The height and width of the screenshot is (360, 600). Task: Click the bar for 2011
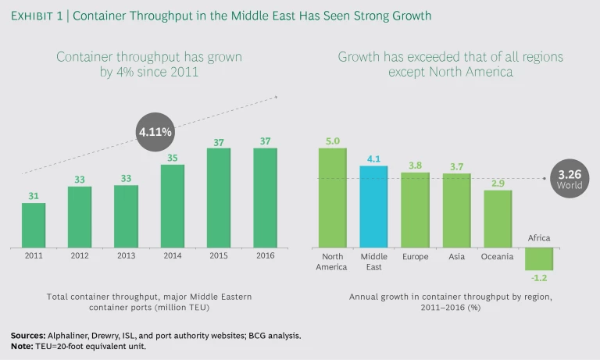34,225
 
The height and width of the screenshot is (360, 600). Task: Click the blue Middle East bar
373,206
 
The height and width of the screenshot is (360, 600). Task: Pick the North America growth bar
332,197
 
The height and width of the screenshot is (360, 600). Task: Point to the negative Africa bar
539,258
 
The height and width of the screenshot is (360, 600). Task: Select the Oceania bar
498,219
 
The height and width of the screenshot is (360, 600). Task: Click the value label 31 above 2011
34,195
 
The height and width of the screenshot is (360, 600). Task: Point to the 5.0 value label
332,140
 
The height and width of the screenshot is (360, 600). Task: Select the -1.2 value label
539,278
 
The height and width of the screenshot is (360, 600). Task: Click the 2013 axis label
126,256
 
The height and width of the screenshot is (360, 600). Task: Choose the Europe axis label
415,256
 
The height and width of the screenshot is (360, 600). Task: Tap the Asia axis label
456,256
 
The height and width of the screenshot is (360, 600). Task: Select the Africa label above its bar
539,238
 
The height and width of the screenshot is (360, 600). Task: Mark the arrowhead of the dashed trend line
276,97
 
